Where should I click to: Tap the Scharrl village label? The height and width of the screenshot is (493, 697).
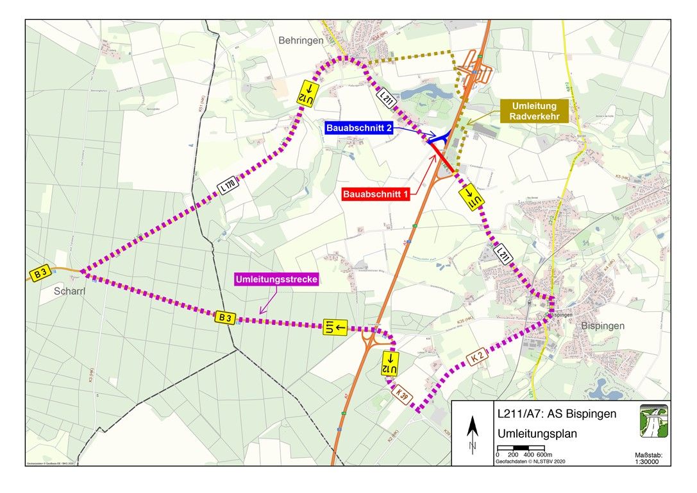pyautogui.click(x=58, y=290)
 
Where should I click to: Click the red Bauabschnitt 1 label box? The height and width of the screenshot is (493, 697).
pyautogui.click(x=376, y=194)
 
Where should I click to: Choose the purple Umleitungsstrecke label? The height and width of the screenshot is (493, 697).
pyautogui.click(x=276, y=280)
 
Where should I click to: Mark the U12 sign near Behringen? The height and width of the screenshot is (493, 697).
pyautogui.click(x=308, y=93)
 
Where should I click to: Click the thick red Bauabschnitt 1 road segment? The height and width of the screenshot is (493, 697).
pyautogui.click(x=443, y=158)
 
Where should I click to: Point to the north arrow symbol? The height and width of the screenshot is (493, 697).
pyautogui.click(x=472, y=433)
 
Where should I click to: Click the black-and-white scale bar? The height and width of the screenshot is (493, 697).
pyautogui.click(x=521, y=447)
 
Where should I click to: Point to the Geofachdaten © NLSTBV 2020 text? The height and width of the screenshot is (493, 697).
pyautogui.click(x=530, y=461)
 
